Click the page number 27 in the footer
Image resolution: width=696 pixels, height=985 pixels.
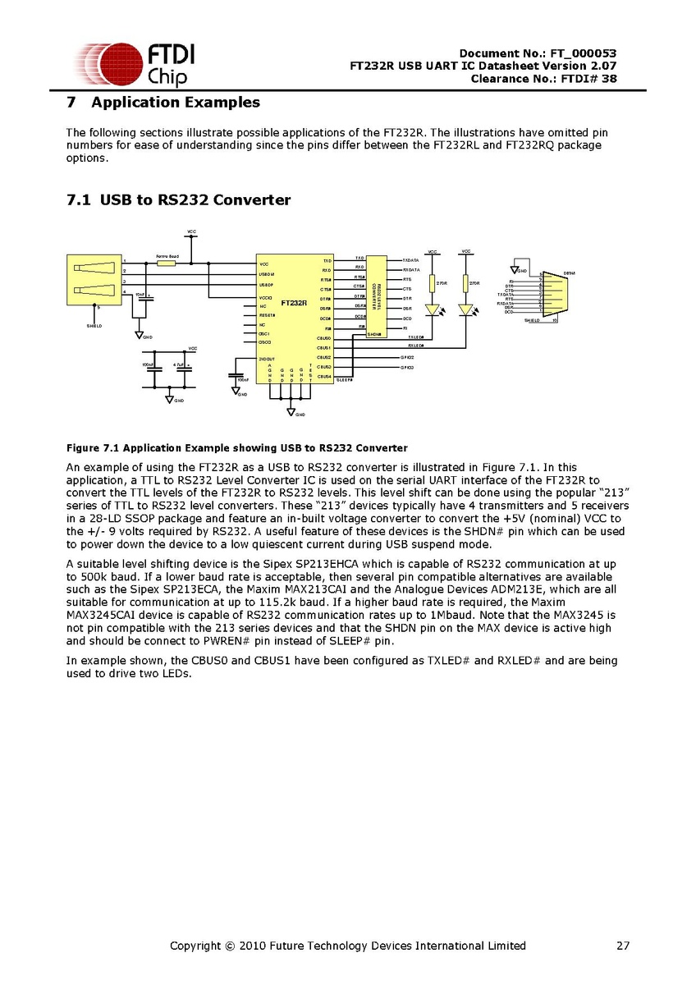tap(623, 946)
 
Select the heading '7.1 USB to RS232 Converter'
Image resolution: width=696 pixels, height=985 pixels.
tap(178, 199)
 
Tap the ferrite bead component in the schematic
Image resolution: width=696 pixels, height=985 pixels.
tap(167, 263)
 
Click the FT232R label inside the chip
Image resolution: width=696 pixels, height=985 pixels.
tap(293, 303)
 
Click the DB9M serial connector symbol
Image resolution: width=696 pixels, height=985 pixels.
tap(549, 293)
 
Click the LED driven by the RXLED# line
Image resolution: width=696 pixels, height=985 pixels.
tap(466, 310)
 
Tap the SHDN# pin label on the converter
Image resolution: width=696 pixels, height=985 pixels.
tap(374, 334)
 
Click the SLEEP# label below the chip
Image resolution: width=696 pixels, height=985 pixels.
tap(344, 381)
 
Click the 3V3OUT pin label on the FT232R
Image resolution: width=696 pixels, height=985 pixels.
tap(266, 359)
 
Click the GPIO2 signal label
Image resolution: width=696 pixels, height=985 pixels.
tap(406, 358)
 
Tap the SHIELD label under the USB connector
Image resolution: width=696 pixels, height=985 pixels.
tap(95, 326)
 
